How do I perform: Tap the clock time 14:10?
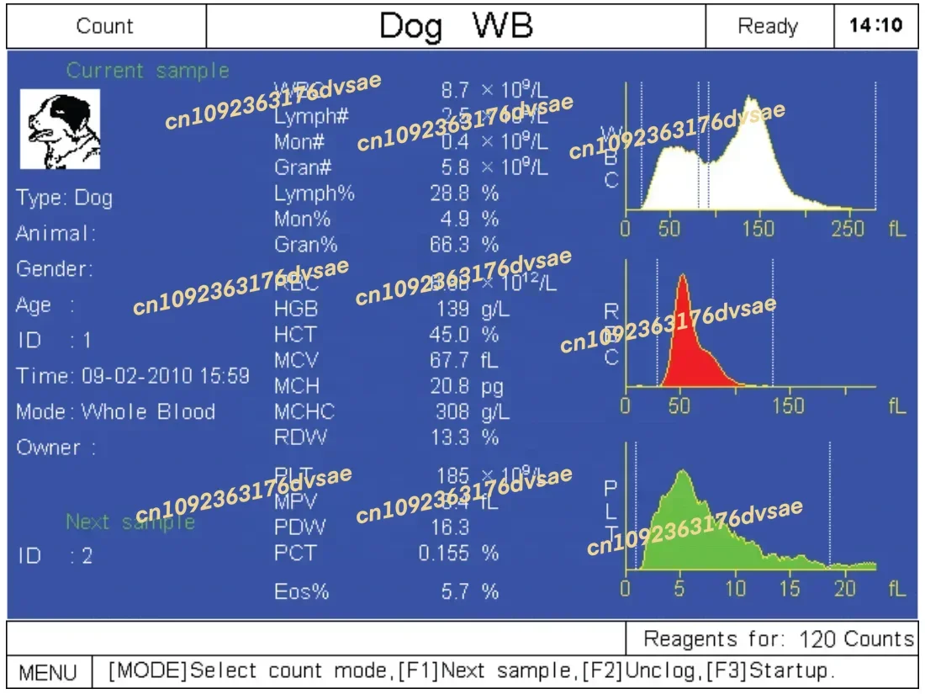[x=875, y=25]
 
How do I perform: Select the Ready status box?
[x=768, y=26]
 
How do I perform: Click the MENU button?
[x=48, y=672]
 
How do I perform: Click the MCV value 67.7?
[x=450, y=361]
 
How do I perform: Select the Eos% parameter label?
[x=301, y=592]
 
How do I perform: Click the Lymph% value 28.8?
[x=449, y=193]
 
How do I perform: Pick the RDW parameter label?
[x=300, y=437]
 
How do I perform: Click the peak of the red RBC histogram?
[x=683, y=278]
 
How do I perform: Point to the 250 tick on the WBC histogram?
[x=848, y=229]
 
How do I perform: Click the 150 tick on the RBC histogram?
[x=788, y=406]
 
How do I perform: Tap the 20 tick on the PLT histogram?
[x=846, y=589]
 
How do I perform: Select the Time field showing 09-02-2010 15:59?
[x=133, y=376]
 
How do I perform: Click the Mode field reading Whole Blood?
[x=116, y=412]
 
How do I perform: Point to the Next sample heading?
[x=130, y=522]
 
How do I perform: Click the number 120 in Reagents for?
[x=818, y=639]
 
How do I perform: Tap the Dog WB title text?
[x=456, y=26]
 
